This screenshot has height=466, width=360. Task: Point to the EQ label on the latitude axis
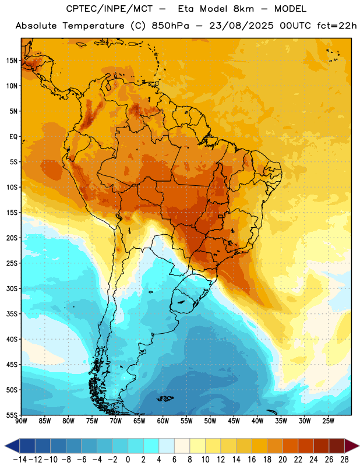click(13, 137)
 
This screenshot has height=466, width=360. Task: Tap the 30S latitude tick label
click(12, 288)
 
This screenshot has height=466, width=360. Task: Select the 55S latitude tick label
click(12, 415)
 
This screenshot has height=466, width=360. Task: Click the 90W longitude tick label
click(21, 421)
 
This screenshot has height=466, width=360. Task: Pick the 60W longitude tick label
click(163, 421)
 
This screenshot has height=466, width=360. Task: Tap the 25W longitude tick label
click(328, 421)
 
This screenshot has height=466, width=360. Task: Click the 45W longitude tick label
click(234, 421)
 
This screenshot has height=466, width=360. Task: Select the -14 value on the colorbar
click(20, 460)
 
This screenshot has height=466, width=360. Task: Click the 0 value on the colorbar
click(128, 460)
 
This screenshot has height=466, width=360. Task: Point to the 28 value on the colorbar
click(344, 460)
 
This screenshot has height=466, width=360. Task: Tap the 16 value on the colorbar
click(252, 460)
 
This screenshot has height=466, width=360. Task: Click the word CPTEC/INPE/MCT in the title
click(110, 9)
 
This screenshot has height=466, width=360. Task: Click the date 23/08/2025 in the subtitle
click(241, 26)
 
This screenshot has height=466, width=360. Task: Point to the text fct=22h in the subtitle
click(337, 26)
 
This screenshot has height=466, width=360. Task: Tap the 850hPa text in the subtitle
click(170, 26)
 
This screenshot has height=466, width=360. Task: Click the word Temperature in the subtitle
click(93, 26)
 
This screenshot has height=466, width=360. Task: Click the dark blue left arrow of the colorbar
click(12, 446)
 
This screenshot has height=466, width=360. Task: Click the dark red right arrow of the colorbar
click(352, 446)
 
